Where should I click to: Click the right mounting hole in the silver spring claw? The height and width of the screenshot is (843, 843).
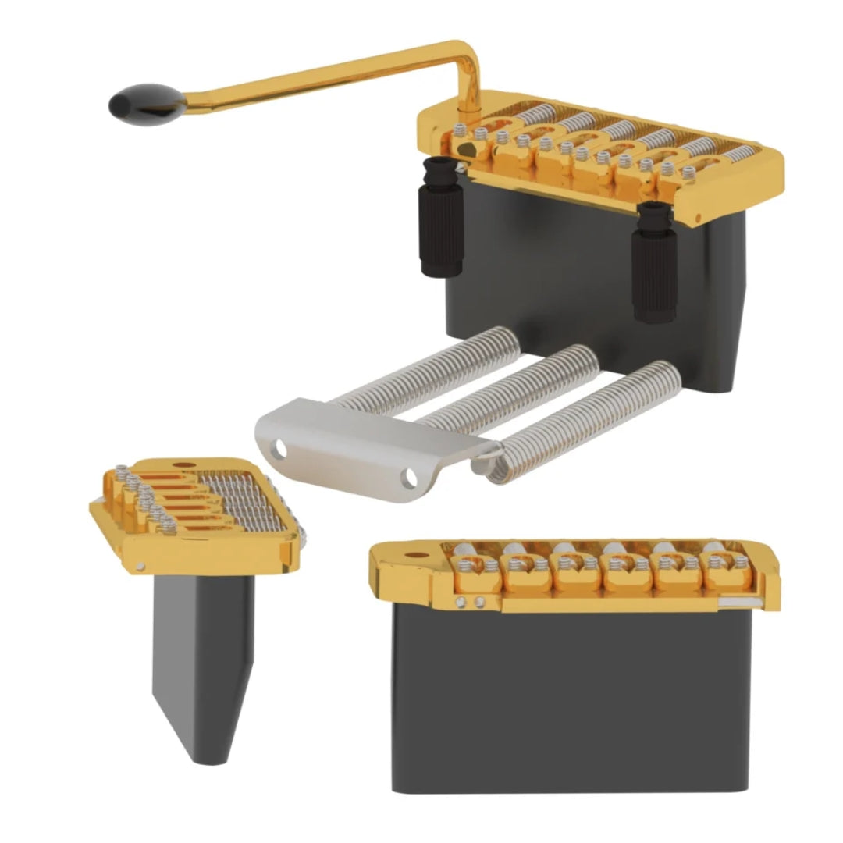[409, 476]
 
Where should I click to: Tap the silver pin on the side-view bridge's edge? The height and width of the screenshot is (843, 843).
[138, 566]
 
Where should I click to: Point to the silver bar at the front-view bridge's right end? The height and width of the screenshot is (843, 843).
[749, 601]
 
